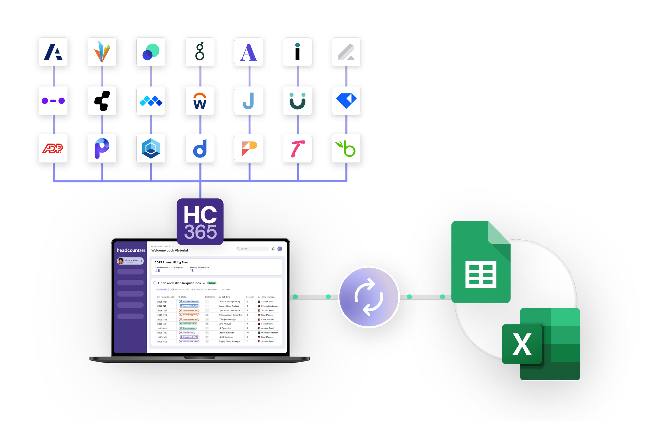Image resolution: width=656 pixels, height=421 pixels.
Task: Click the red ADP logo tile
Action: [53, 148]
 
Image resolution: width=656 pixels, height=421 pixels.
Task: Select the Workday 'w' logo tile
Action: [200, 101]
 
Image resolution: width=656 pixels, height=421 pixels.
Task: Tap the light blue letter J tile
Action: [248, 101]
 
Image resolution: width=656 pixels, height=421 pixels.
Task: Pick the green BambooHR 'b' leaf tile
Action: [346, 148]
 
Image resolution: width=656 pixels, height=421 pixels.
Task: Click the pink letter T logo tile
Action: [297, 148]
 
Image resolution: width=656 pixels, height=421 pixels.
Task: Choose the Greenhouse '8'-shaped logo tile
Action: [200, 52]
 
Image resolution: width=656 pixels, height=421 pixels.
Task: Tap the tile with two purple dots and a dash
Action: [53, 101]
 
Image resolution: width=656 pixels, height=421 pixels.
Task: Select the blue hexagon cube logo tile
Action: [151, 148]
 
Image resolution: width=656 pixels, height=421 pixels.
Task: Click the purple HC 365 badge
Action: [200, 222]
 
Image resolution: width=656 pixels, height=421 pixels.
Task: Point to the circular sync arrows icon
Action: [368, 297]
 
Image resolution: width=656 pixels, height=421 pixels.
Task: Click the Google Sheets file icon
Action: [480, 262]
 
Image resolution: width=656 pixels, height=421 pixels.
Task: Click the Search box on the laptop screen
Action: [252, 249]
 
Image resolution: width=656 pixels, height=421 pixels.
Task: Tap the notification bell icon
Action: [273, 249]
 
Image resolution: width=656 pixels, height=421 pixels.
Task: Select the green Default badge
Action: [212, 283]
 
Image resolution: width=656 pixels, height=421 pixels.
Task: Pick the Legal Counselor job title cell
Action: [226, 333]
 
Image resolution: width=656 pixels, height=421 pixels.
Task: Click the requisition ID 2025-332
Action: [162, 319]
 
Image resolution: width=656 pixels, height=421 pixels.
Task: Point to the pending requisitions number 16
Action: [192, 271]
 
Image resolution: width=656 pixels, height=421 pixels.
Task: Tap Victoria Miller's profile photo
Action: [121, 261]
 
